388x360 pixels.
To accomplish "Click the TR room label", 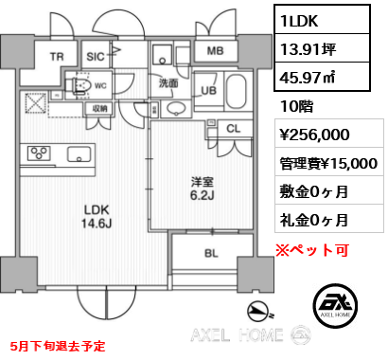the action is (x=56, y=57).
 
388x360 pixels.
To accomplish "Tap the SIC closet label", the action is (x=96, y=56).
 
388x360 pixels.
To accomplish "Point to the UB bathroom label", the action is (x=210, y=90).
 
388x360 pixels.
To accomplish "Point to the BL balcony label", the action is (x=213, y=254).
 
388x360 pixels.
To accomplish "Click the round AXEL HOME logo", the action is (x=336, y=298).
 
